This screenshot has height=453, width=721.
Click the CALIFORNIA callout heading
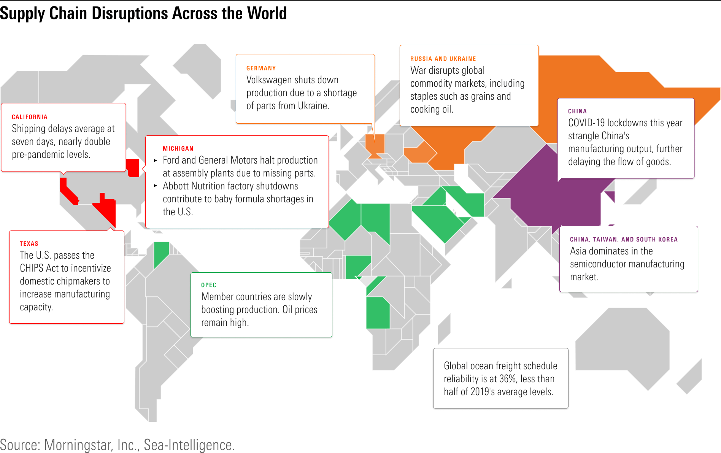[x=30, y=117]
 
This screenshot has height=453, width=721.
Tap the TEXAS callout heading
[x=29, y=244]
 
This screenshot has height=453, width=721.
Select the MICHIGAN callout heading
[x=178, y=149]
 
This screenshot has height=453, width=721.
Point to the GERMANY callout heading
[x=261, y=68]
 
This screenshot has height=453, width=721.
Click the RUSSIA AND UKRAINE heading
[x=443, y=59]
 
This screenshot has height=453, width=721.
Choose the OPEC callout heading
[x=208, y=285]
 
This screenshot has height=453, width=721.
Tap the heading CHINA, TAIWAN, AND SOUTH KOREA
[x=624, y=240]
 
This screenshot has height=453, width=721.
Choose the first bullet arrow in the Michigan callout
[x=156, y=161]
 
